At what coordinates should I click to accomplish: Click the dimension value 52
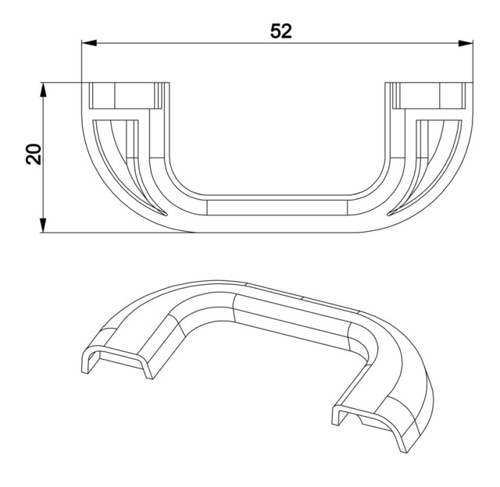(x=281, y=31)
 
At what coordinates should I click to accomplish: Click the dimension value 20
(x=34, y=155)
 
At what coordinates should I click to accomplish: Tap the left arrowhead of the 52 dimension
(x=89, y=43)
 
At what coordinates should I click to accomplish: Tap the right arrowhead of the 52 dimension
(x=466, y=43)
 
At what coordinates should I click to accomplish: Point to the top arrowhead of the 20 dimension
(x=44, y=90)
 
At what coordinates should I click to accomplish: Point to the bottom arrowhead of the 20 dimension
(x=44, y=226)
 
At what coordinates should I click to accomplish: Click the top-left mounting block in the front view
(x=125, y=96)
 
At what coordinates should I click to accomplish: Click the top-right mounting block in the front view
(x=428, y=96)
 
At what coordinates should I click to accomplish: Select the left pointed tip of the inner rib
(x=166, y=215)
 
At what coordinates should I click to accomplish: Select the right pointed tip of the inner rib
(x=388, y=215)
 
